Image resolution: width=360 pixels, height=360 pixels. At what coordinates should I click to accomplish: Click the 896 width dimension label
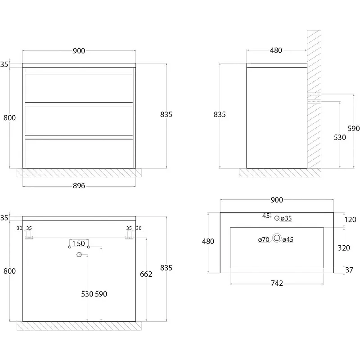79,186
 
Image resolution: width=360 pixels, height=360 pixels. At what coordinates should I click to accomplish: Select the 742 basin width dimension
277,283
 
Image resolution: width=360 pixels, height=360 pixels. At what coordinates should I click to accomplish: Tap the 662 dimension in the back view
146,274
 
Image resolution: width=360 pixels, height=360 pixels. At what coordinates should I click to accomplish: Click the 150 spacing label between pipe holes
79,243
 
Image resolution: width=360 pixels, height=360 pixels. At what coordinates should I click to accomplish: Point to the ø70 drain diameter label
264,240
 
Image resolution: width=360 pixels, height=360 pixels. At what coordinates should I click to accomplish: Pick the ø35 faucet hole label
286,219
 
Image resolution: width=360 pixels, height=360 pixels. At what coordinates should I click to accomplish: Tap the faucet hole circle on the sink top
277,218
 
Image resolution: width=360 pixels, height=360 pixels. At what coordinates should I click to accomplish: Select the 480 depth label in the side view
276,50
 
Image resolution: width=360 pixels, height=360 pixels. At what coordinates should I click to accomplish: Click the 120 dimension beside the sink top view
350,220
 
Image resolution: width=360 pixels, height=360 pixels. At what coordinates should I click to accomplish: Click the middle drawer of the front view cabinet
79,120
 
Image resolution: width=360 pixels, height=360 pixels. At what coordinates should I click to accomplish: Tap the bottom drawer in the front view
79,153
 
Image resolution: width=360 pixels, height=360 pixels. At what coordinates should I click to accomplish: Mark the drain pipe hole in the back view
79,255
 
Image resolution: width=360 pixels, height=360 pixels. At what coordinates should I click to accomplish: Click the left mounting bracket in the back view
29,237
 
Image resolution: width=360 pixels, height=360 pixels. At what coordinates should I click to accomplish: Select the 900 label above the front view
79,51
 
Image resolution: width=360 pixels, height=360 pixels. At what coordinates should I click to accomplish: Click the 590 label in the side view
354,129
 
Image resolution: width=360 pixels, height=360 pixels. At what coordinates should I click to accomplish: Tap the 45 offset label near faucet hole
266,216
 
